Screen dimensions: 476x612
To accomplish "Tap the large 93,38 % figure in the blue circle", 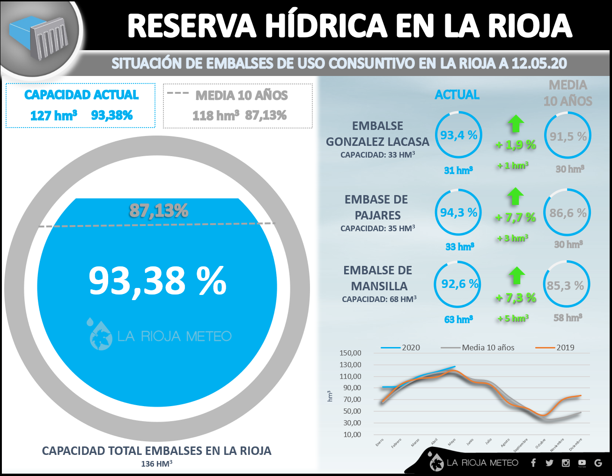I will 157,281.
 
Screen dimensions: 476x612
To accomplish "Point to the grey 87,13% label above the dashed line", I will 159,211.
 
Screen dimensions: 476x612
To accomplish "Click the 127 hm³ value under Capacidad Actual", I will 53,115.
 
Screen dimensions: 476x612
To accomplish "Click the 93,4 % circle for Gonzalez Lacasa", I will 458,136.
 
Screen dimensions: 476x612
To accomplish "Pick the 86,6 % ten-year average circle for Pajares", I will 568,213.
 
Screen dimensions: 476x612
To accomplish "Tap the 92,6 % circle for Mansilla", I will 459,284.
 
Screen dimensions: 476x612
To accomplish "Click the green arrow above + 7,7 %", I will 516,196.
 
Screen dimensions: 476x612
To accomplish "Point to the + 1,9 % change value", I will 516,145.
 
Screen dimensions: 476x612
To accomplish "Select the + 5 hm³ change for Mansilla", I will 513,318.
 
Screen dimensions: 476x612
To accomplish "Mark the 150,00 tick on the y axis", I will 350,353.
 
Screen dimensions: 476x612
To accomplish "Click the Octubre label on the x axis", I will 541,443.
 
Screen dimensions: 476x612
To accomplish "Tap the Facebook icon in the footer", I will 533,463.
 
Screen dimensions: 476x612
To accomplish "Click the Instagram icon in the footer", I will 566,463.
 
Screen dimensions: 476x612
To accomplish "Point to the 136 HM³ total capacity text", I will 157,464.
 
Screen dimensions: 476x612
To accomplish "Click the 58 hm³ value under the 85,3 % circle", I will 568,318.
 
